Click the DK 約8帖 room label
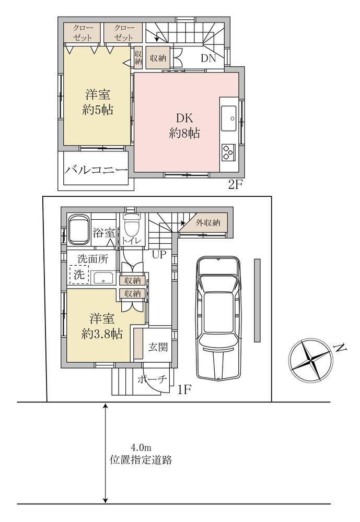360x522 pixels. point(184,125)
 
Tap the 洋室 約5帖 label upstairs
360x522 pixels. point(97,102)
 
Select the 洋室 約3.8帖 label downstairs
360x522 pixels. point(102,326)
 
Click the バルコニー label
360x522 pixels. point(96,171)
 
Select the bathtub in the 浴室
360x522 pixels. point(79,229)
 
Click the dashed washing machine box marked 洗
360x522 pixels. point(79,275)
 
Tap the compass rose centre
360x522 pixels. point(310,360)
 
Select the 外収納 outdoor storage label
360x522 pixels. point(208,222)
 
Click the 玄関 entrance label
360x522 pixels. point(158,347)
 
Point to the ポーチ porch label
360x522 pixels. point(152,379)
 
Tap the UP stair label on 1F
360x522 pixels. point(159,255)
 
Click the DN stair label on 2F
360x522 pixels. point(208,58)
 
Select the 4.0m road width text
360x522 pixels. point(141,448)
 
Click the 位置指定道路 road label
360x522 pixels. point(141,460)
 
